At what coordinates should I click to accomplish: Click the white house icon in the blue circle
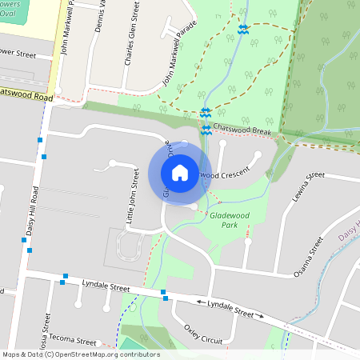(180, 172)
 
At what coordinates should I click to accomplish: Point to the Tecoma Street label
(77, 341)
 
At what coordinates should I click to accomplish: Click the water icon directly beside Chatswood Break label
(206, 129)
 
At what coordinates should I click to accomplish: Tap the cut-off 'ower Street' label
(19, 55)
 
